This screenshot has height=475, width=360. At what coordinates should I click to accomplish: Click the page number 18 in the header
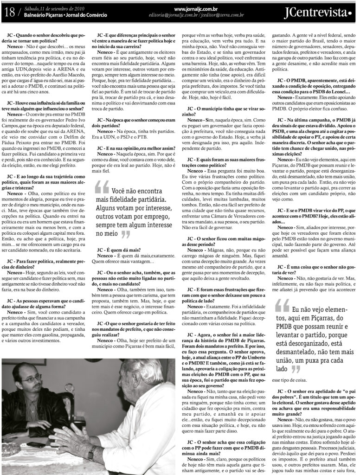(9, 12)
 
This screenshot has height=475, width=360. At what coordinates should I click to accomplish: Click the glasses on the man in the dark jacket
(31, 379)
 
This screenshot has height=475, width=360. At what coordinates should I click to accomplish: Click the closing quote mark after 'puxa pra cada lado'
(295, 370)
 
